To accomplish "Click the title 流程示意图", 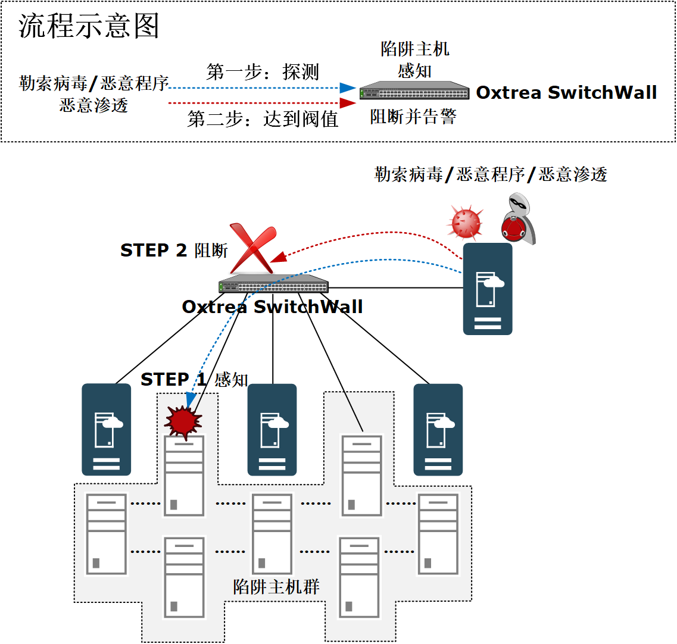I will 89,26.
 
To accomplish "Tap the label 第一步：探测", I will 263,72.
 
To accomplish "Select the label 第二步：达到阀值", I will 263,119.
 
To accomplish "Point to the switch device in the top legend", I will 414,91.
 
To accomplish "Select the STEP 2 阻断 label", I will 174,251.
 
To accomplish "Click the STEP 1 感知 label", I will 194,379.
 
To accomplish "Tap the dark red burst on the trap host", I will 183,421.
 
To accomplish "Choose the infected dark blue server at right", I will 488,289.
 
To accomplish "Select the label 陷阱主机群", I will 276,586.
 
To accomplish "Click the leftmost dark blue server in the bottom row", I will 106,429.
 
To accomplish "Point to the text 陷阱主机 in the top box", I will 415,49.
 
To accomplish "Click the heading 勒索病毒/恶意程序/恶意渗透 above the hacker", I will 491,174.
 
